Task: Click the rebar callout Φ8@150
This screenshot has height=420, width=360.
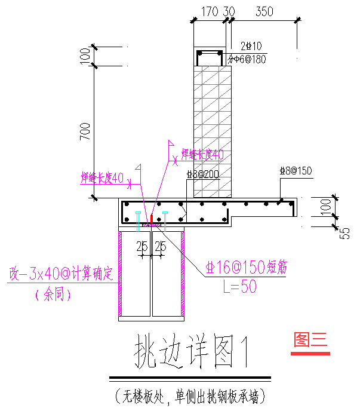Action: click(x=296, y=171)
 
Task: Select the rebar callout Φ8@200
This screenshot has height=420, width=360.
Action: click(x=202, y=174)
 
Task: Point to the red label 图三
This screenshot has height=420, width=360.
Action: click(x=310, y=339)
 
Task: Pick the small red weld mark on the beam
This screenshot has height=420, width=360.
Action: click(x=152, y=219)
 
